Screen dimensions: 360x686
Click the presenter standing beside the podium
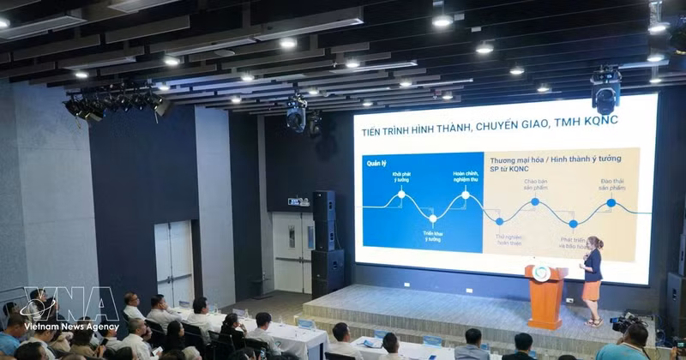[x=593, y=280]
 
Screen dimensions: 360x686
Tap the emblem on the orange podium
[x=542, y=273]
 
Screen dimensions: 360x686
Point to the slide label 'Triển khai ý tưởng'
[x=431, y=236]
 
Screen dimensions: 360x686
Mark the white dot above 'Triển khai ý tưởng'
[x=432, y=219]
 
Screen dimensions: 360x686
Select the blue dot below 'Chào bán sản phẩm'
[x=534, y=201]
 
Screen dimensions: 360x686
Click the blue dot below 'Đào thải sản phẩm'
[x=611, y=202]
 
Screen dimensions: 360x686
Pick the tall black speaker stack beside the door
[x=325, y=244]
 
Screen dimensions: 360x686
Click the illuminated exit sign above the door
[x=298, y=201]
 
